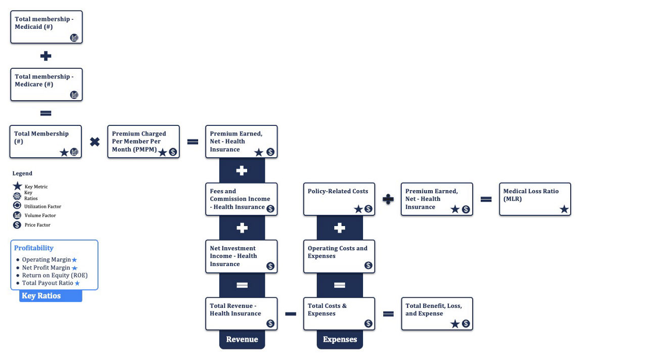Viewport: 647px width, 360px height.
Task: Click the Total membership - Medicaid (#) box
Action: click(x=46, y=27)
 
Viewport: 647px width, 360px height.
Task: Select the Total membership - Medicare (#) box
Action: click(x=46, y=84)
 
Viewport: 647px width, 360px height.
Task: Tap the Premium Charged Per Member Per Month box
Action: click(x=144, y=142)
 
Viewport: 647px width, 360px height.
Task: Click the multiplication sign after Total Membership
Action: click(x=95, y=142)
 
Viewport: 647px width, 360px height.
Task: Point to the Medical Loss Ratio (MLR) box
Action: click(x=535, y=199)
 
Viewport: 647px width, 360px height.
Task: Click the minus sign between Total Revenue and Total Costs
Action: click(x=291, y=314)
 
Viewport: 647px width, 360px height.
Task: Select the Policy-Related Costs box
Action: click(x=339, y=199)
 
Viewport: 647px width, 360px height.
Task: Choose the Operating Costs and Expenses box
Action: click(x=339, y=256)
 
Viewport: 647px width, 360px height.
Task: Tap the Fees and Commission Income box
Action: click(x=241, y=199)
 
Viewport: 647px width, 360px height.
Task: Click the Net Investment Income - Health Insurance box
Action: click(x=241, y=256)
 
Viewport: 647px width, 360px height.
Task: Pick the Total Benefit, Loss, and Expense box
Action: click(x=437, y=314)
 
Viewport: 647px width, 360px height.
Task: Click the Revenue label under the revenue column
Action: click(x=242, y=339)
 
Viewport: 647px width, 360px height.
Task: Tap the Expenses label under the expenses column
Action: click(x=340, y=339)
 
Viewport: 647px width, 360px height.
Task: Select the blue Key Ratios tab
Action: click(x=51, y=296)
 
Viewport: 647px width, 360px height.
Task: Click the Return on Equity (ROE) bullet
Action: click(x=55, y=276)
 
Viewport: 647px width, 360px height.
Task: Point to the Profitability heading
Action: click(x=34, y=248)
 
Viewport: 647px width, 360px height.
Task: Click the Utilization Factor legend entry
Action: click(x=42, y=206)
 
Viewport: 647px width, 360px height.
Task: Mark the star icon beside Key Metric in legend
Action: click(x=18, y=187)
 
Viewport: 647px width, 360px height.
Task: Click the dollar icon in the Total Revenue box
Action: click(x=270, y=324)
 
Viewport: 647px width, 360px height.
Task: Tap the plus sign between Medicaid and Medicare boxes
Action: click(x=46, y=56)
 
